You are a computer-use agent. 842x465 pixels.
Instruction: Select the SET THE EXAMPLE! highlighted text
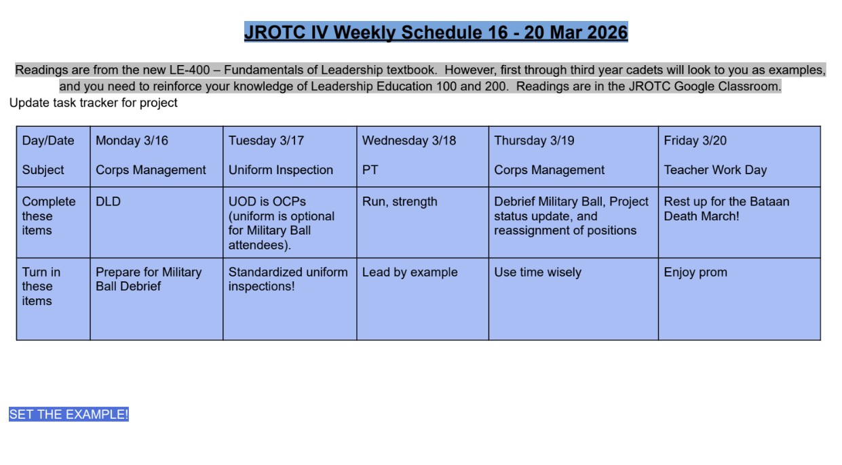[x=69, y=414]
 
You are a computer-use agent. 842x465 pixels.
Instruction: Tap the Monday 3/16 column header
[x=132, y=140]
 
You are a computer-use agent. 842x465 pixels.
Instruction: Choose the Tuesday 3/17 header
[x=266, y=140]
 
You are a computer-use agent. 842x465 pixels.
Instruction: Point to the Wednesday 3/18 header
[x=409, y=140]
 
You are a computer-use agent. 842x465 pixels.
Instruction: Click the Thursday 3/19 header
[x=534, y=140]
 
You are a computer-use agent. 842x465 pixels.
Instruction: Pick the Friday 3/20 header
[x=695, y=140]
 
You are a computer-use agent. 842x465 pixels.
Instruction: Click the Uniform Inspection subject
[x=280, y=170]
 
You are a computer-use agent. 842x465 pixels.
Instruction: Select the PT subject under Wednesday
[x=370, y=169]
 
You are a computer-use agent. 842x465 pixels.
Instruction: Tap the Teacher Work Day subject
[x=715, y=170]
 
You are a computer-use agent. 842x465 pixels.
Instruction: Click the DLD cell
[x=108, y=202]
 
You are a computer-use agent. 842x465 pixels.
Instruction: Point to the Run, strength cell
[x=400, y=202]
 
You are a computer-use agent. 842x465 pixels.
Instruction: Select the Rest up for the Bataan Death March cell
[x=726, y=209]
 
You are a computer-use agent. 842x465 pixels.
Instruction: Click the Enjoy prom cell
[x=695, y=272]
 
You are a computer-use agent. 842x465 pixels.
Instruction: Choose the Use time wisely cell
[x=537, y=272]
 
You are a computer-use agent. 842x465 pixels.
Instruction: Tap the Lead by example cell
[x=410, y=272]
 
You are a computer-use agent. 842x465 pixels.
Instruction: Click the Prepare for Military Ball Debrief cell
[x=149, y=279]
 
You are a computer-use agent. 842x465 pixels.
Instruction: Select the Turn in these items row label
[x=41, y=286]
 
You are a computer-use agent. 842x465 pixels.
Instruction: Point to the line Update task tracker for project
[x=93, y=102]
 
